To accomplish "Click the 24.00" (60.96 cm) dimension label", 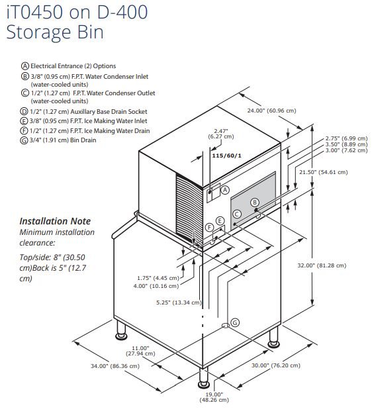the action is pos(271,111).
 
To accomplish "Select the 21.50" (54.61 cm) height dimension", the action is pos(323,172).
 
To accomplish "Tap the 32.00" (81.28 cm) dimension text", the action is pos(322,265).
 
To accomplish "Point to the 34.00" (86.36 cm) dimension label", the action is pos(115,366).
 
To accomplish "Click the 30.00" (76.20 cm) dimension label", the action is pos(276,365).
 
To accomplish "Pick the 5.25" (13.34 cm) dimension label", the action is pos(179,302).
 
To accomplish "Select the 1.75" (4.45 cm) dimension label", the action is pos(158,278).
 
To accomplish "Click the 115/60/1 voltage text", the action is pos(226,156).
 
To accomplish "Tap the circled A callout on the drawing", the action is pos(225,190).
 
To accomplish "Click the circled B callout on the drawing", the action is pos(255,203).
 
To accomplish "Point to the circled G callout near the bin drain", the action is pos(235,322).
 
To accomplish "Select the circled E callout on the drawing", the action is pos(220,221).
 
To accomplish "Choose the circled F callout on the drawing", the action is pos(210,227).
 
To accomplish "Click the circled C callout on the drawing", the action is pos(237,214).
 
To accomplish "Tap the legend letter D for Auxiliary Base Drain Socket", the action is pos(24,112).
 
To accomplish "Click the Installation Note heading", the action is pos(55,221).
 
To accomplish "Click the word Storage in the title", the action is pos(38,32).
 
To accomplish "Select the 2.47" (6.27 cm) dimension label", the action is pos(221,134).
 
